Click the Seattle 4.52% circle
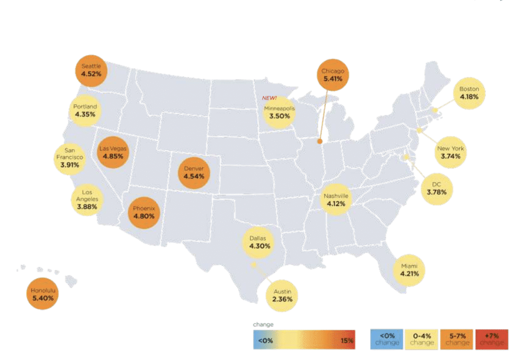(92, 70)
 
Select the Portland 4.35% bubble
(85, 111)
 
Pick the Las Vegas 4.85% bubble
(113, 152)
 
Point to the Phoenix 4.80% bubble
(144, 212)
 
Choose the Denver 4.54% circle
(194, 173)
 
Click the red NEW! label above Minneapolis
(269, 98)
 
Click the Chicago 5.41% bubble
(333, 75)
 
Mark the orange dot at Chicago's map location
(320, 141)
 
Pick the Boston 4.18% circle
(469, 93)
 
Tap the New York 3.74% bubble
(450, 152)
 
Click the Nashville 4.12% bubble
(336, 200)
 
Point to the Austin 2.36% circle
(282, 295)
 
